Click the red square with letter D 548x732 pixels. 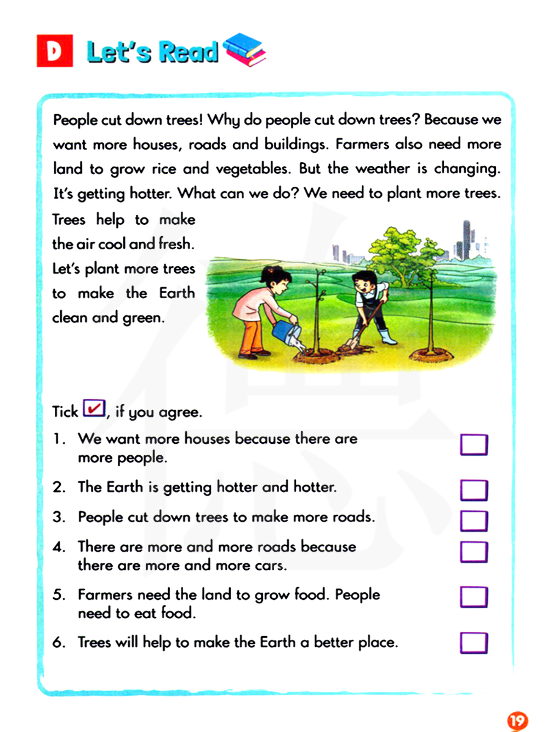[55, 51]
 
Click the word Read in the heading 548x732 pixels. [189, 52]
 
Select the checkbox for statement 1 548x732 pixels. [473, 445]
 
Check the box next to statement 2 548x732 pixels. [473, 490]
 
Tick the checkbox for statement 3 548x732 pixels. [473, 521]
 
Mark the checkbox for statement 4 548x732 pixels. [473, 552]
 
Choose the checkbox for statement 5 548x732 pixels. [473, 597]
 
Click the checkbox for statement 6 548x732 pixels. [473, 643]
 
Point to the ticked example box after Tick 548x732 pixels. [94, 408]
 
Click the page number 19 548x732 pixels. [517, 720]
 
